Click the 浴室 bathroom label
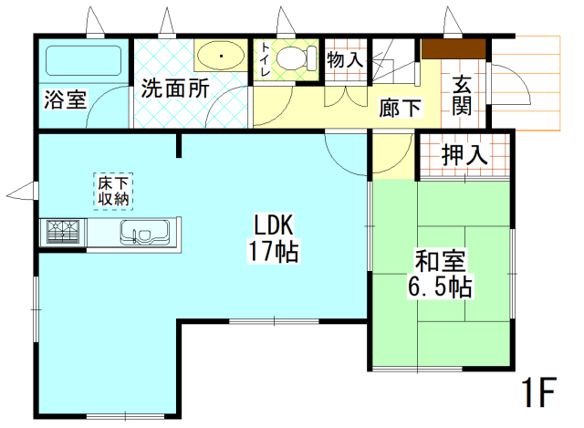[x=65, y=99]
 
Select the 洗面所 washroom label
[x=174, y=89]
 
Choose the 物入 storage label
[x=345, y=60]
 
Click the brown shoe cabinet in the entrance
[x=454, y=48]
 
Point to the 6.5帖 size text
[x=439, y=288]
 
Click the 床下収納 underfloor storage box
[x=113, y=188]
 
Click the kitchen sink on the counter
[x=141, y=233]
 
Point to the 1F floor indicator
[x=538, y=392]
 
